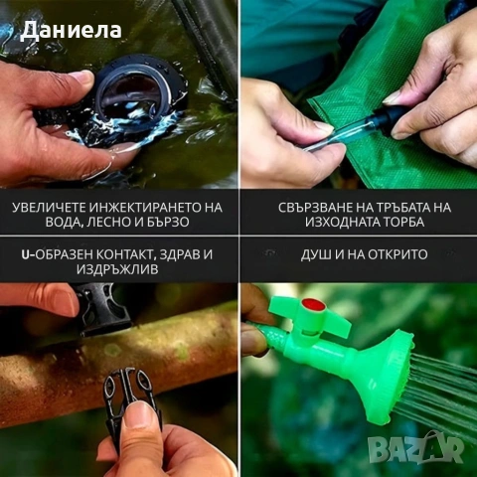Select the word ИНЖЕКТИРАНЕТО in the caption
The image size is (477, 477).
(x=146, y=207)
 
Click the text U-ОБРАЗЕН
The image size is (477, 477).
(x=59, y=254)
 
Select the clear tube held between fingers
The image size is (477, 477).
(x=343, y=134)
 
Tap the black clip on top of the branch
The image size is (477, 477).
(x=104, y=309)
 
